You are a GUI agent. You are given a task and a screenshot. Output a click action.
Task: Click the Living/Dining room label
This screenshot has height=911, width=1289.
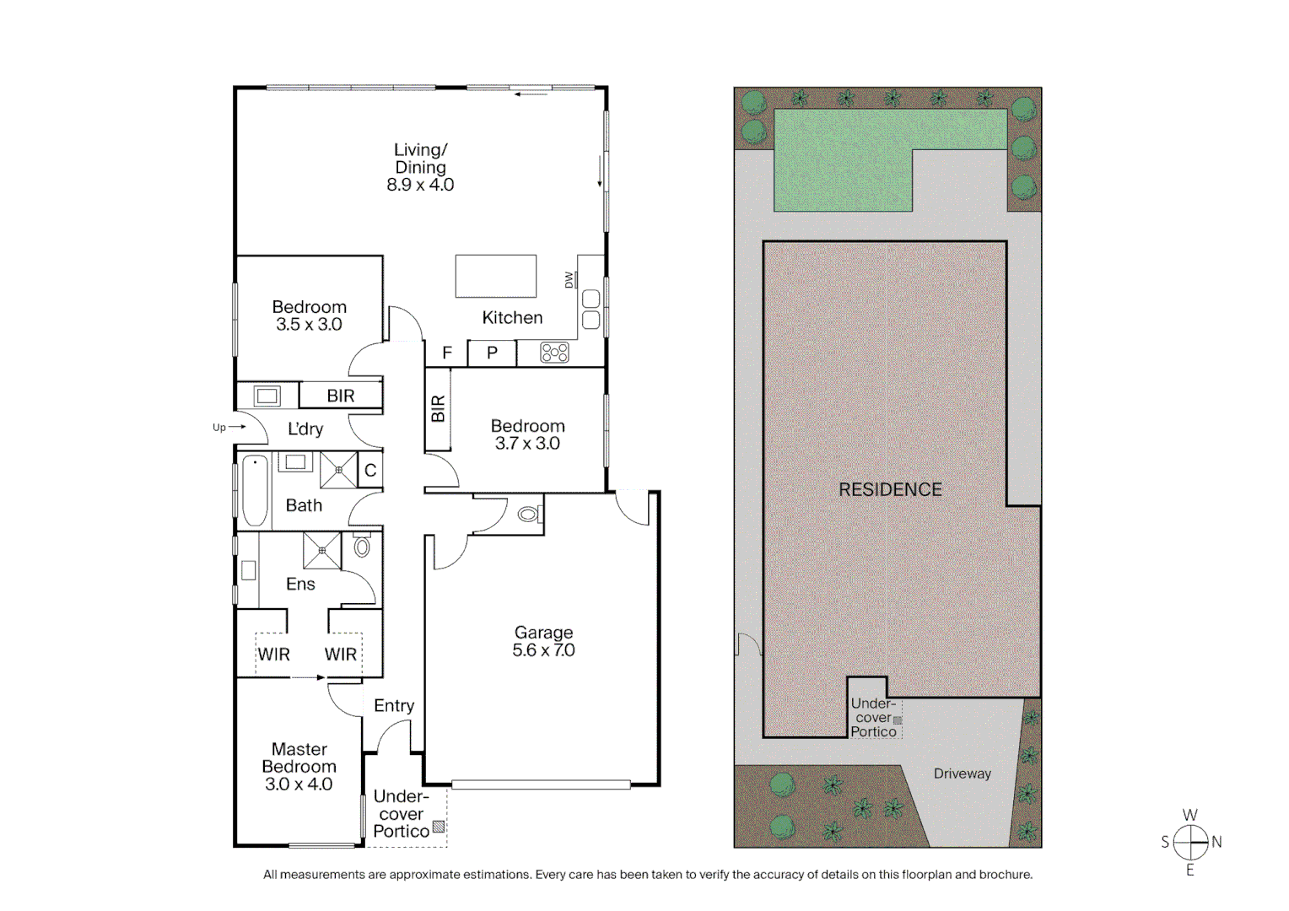click(x=420, y=167)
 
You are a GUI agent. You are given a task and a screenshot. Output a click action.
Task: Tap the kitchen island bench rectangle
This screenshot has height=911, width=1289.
click(x=496, y=276)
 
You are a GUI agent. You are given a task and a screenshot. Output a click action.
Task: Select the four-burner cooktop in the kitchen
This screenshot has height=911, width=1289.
click(x=554, y=353)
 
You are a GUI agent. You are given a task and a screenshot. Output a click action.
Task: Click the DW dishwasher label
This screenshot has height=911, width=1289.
click(x=569, y=279)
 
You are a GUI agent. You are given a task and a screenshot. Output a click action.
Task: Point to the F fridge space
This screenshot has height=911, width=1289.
click(x=447, y=353)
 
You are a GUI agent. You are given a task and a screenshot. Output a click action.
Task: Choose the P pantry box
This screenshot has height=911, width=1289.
click(x=492, y=353)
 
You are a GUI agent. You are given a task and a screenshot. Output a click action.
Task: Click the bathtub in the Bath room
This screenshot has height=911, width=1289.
click(x=255, y=491)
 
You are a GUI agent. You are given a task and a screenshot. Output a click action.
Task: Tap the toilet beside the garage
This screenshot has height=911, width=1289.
click(x=528, y=513)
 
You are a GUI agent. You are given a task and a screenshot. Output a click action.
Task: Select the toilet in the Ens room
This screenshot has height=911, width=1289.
click(x=362, y=547)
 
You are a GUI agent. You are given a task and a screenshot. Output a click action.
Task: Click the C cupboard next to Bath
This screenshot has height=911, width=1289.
click(x=370, y=471)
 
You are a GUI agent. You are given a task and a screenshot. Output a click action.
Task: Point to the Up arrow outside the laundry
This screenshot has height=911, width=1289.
click(x=229, y=427)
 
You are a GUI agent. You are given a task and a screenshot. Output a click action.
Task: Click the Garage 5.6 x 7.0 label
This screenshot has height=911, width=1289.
click(x=543, y=641)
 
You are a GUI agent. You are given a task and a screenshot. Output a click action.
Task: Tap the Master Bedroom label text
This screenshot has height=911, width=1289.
click(x=299, y=766)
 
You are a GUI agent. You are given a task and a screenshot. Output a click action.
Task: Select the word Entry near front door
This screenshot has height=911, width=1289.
click(x=394, y=705)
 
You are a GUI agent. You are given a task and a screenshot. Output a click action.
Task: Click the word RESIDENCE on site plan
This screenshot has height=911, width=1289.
click(x=890, y=489)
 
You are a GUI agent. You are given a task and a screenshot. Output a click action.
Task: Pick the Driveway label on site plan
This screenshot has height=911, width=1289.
click(x=962, y=774)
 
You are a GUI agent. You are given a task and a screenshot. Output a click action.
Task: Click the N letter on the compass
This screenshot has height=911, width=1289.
click(x=1216, y=841)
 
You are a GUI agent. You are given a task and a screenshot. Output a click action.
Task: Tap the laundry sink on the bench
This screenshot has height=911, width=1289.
click(x=267, y=396)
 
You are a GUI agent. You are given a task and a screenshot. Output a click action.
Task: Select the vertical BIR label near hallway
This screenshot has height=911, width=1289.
click(x=437, y=409)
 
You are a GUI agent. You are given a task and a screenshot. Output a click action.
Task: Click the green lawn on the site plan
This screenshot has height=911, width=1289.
click(x=844, y=160)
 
